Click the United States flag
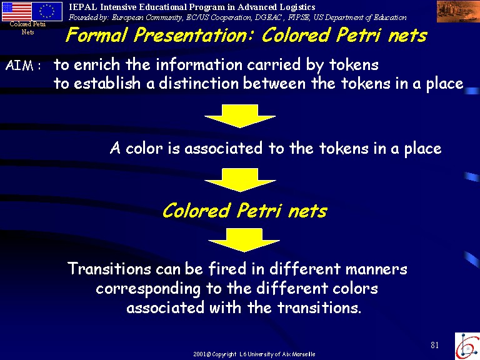click(x=16, y=11)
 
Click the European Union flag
click(x=47, y=11)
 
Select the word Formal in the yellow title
click(x=96, y=34)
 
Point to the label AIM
click(x=19, y=66)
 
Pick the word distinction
click(x=198, y=83)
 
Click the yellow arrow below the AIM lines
click(x=240, y=116)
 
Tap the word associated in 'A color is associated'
click(x=223, y=148)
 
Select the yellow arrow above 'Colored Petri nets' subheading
click(x=240, y=180)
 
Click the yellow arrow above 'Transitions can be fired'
click(x=244, y=240)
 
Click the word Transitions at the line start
click(x=109, y=269)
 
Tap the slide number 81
click(x=435, y=345)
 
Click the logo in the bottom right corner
click(x=467, y=346)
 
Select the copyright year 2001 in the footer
click(x=199, y=354)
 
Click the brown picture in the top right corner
click(x=458, y=11)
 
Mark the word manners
click(x=376, y=269)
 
